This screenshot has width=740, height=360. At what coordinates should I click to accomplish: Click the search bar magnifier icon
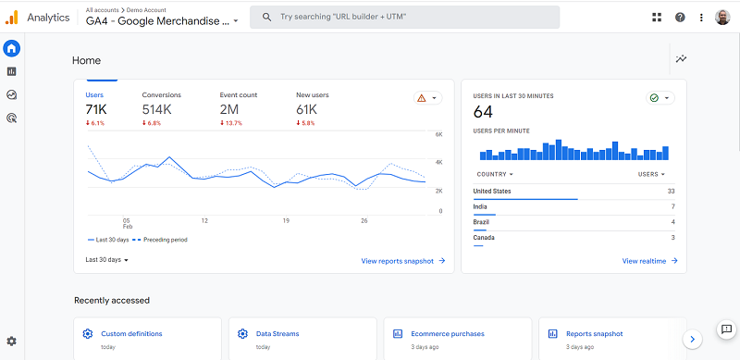pos(265,17)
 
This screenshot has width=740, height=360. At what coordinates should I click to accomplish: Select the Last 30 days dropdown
pos(106,260)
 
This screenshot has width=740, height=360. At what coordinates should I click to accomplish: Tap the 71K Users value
pos(96,110)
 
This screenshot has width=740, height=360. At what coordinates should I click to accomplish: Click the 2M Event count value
pos(228,110)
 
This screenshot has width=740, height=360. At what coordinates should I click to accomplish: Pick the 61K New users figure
pos(307,110)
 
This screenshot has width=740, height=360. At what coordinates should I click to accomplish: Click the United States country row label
pos(491,192)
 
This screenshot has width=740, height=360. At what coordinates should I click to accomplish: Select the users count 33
pos(671,192)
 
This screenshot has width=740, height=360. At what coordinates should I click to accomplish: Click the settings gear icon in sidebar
pos(11,341)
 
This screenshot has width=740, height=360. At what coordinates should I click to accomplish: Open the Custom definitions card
pos(131,334)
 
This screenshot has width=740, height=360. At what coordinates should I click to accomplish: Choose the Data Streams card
pos(277,334)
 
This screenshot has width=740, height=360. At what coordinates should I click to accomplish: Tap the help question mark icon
pos(680,17)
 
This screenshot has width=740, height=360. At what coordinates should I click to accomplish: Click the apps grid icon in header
pos(657,17)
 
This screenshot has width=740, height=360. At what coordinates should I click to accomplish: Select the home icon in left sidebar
pos(12,48)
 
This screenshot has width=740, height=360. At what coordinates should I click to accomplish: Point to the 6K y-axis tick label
pos(440,134)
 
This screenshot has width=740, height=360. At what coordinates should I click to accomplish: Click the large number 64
pos(483,112)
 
